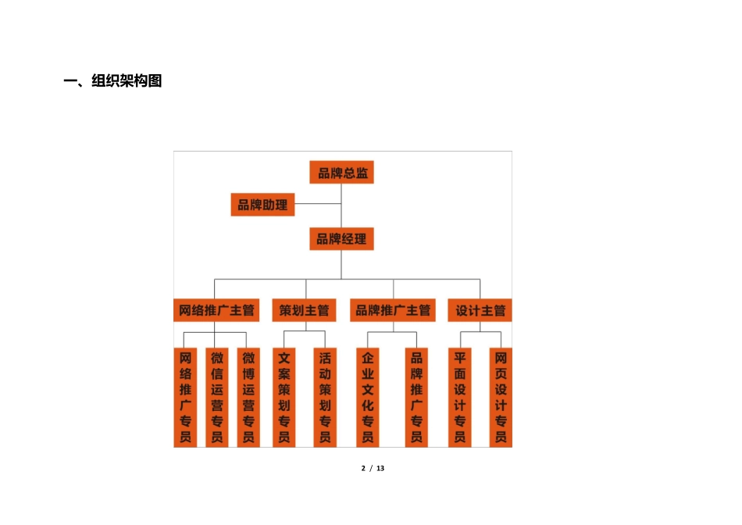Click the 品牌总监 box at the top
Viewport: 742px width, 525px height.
pyautogui.click(x=341, y=173)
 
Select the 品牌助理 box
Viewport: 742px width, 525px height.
pyautogui.click(x=262, y=205)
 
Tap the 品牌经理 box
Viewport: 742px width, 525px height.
pyautogui.click(x=341, y=239)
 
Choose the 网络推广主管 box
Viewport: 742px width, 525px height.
pyautogui.click(x=216, y=310)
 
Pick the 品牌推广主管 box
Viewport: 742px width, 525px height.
pyautogui.click(x=392, y=310)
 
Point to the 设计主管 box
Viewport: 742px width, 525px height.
pyautogui.click(x=480, y=310)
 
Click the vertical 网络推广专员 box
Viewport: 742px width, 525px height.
pyautogui.click(x=185, y=398)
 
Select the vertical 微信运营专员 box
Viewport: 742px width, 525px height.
pyautogui.click(x=217, y=398)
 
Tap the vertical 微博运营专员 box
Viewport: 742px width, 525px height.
pyautogui.click(x=248, y=398)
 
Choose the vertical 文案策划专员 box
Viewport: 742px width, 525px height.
pyautogui.click(x=284, y=398)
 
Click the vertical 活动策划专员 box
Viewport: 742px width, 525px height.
pyautogui.click(x=326, y=398)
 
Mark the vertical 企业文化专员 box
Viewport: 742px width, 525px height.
pyautogui.click(x=367, y=398)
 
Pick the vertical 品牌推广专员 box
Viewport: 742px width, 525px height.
pyautogui.click(x=416, y=398)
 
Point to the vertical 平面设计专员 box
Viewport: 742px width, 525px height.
pyautogui.click(x=460, y=398)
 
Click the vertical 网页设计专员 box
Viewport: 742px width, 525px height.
pyautogui.click(x=501, y=398)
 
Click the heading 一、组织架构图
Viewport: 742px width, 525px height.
pyautogui.click(x=112, y=81)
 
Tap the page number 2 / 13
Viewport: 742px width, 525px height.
pyautogui.click(x=373, y=468)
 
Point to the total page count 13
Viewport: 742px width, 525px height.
pyautogui.click(x=380, y=468)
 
